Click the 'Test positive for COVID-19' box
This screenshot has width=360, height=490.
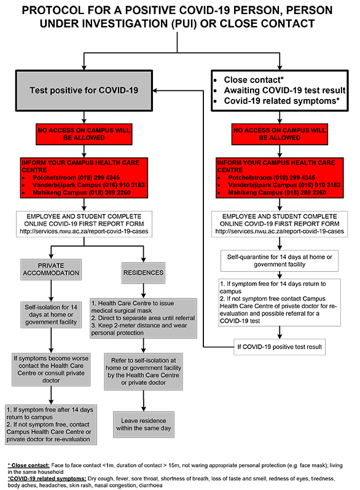[x=84, y=90]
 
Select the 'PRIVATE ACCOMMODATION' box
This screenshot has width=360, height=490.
[x=51, y=269]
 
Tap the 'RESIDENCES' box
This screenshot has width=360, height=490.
[x=143, y=273]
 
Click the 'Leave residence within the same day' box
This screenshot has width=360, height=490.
[x=144, y=424]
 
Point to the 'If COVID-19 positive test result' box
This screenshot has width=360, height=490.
[x=280, y=347]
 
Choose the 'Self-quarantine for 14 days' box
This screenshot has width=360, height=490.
[x=280, y=261]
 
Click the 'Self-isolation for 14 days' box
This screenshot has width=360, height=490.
[x=51, y=315]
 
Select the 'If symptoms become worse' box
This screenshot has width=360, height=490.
[x=51, y=369]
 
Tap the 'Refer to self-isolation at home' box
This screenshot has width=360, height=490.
[x=143, y=371]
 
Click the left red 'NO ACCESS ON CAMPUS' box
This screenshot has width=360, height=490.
[x=84, y=134]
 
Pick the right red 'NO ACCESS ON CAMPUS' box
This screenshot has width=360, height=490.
[x=280, y=134]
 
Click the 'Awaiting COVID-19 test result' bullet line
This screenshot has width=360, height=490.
[x=284, y=90]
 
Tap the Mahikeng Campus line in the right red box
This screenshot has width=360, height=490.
[x=277, y=192]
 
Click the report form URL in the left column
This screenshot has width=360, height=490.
[x=84, y=232]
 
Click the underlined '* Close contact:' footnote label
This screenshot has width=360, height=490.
[x=29, y=465]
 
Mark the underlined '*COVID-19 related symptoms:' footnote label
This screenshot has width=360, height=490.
[x=47, y=479]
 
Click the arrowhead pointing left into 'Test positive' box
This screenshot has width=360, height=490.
[x=155, y=90]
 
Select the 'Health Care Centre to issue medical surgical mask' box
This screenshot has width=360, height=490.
[x=143, y=318]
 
